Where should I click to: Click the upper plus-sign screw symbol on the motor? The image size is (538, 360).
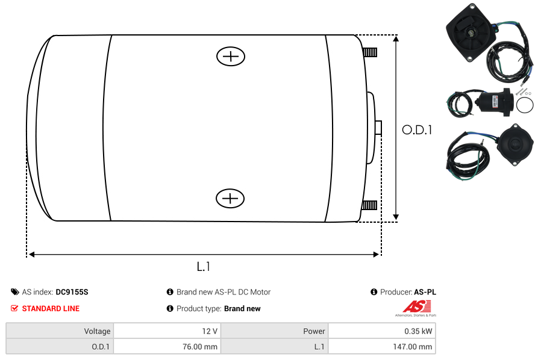point(231,56)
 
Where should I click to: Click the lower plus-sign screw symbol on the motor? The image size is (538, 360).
point(230,198)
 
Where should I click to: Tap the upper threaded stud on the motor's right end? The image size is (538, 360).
point(370,52)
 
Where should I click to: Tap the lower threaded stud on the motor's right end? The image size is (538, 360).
point(369,205)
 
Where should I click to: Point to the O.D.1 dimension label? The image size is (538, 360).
point(417,130)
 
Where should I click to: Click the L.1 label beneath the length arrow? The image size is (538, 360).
point(204,267)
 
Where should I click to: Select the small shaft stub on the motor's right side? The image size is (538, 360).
point(378,128)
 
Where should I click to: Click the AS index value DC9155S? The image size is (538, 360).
point(72,292)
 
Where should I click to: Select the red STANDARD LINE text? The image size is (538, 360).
point(51,309)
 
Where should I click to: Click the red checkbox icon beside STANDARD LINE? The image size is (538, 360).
point(14,309)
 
